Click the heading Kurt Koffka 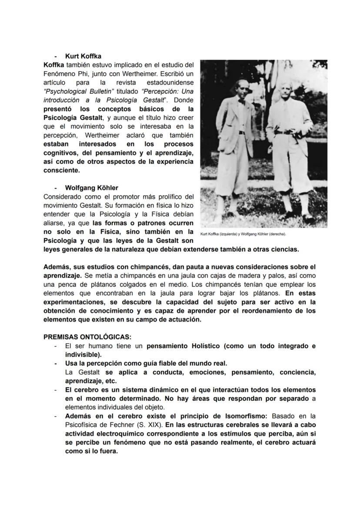(83, 56)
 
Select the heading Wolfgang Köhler (91, 188)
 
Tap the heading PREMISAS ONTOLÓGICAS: (87, 337)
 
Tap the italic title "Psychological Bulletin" (79, 91)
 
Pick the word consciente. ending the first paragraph (62, 170)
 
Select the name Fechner (123, 425)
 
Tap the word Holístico (207, 346)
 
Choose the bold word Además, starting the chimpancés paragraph (57, 266)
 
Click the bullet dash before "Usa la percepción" (55, 363)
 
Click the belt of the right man (285, 132)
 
